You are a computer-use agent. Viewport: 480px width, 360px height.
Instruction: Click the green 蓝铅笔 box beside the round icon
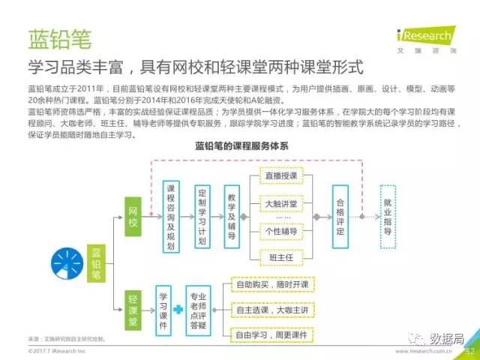pos(97,262)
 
